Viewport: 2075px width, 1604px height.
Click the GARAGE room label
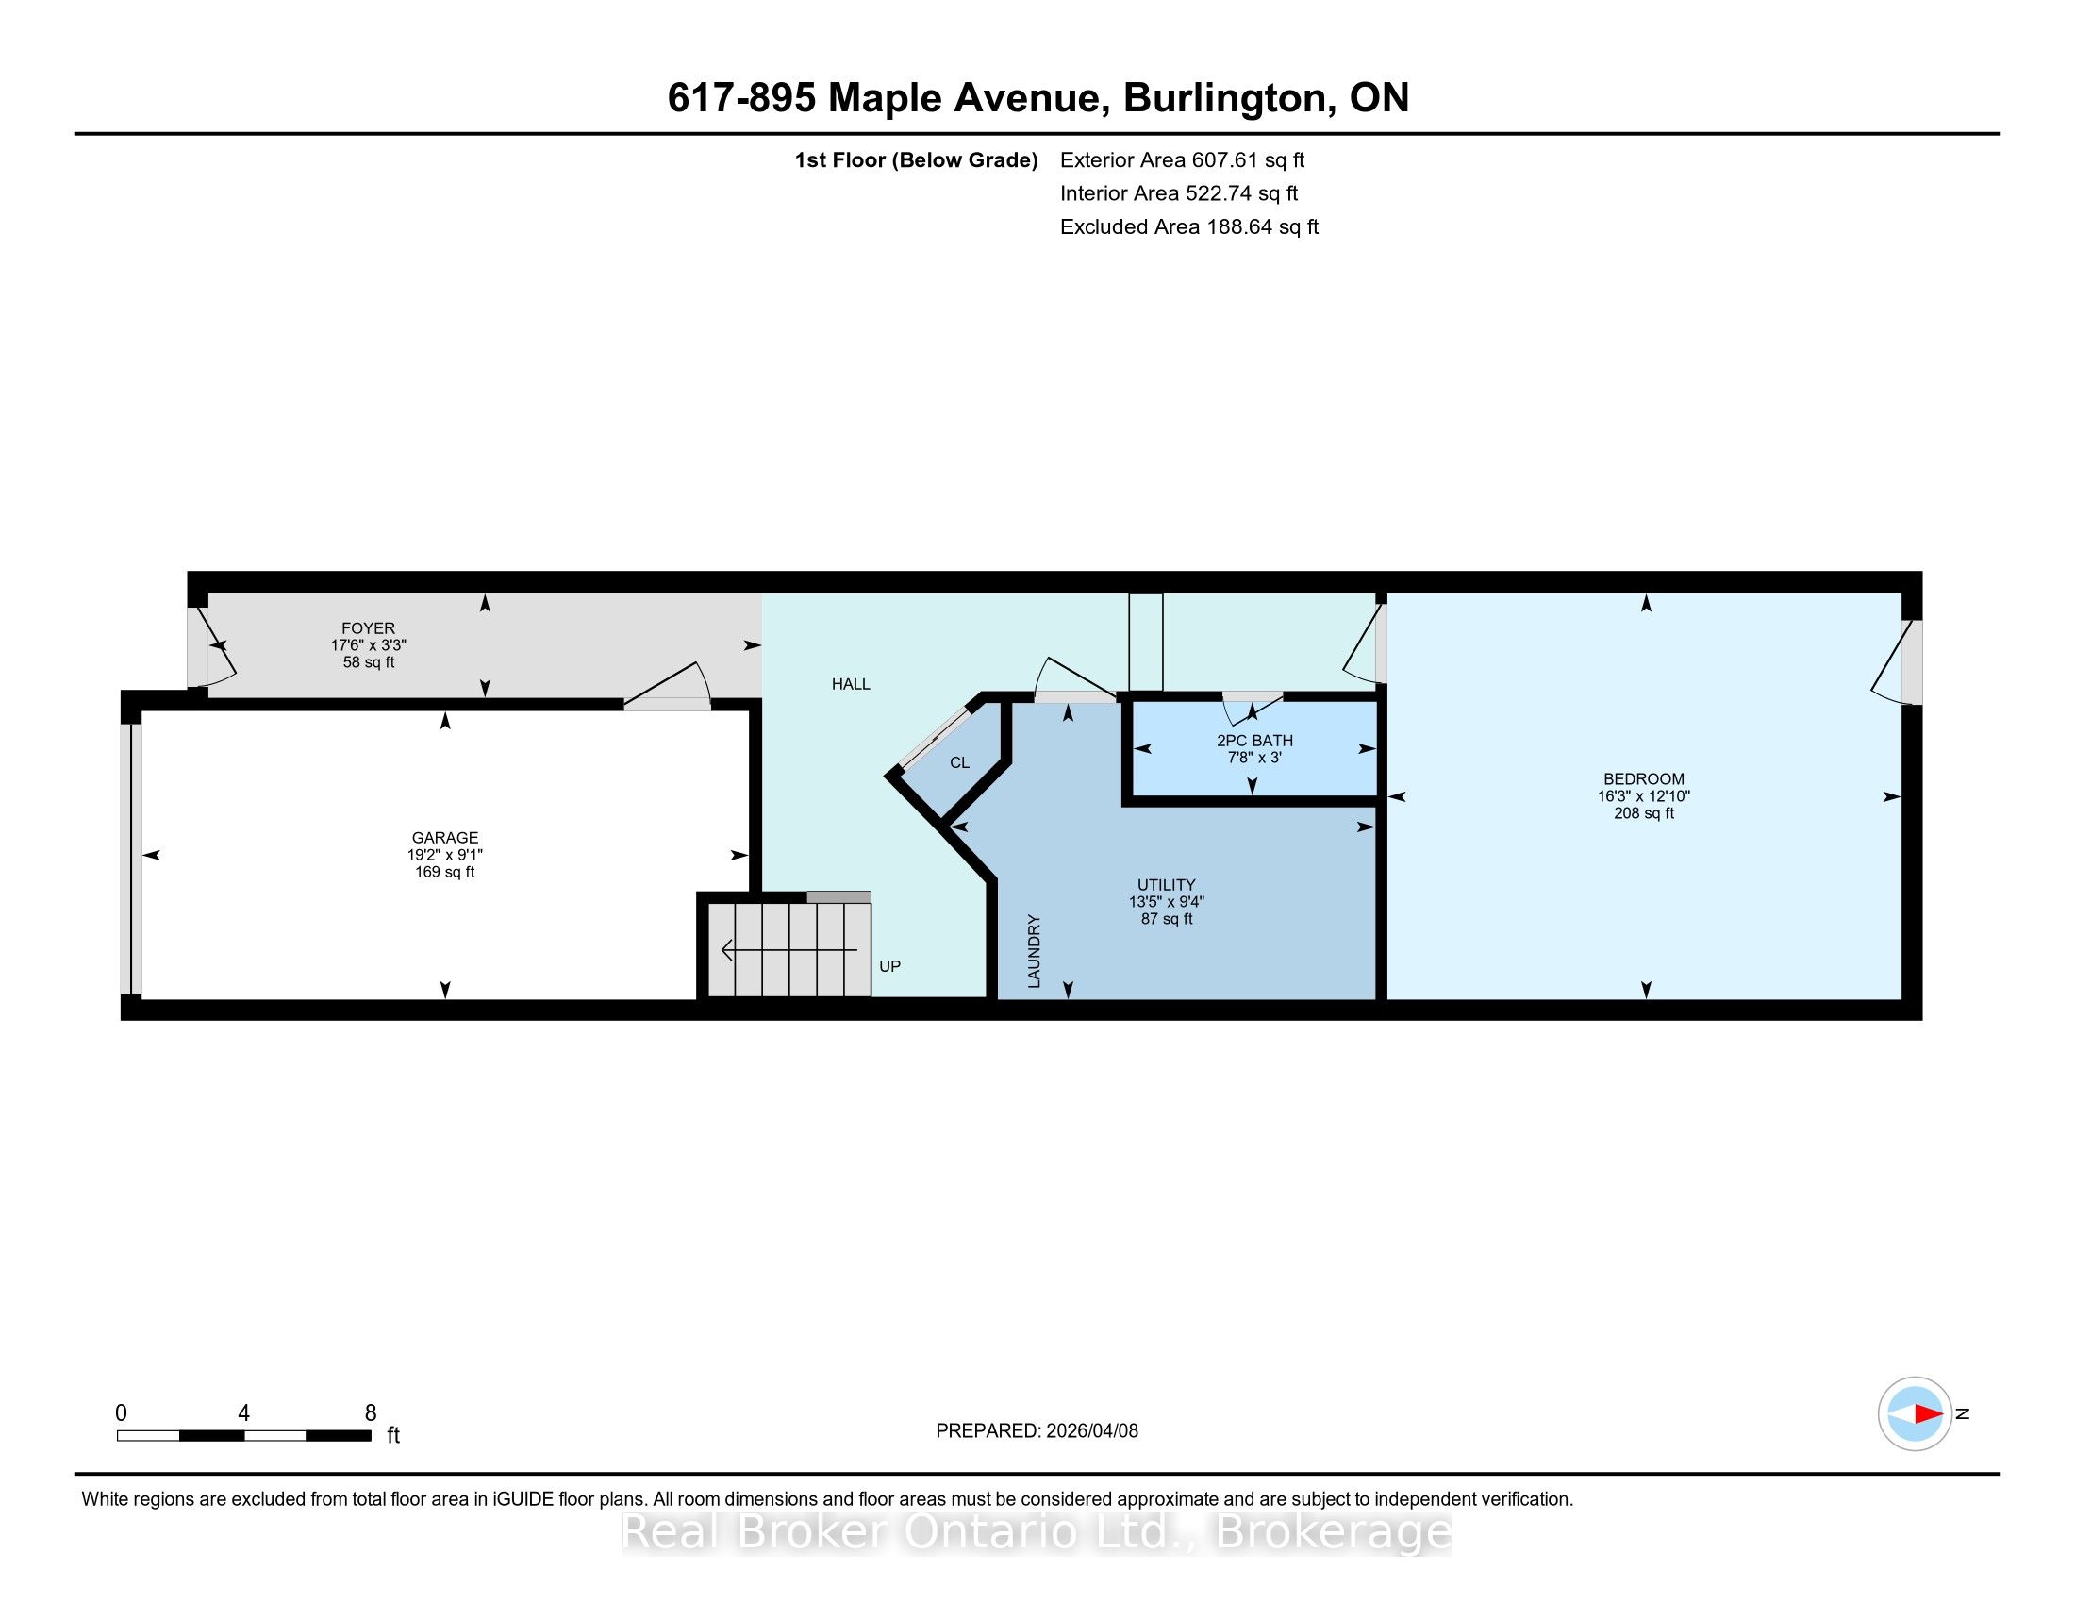point(444,837)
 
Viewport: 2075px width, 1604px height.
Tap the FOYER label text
point(369,628)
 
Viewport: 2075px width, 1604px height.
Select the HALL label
point(851,684)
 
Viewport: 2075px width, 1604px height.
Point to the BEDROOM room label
point(1644,779)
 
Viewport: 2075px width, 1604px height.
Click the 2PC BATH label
point(1254,741)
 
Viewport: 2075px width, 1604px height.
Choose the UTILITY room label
point(1167,885)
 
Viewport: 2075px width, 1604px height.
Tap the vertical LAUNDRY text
point(1035,951)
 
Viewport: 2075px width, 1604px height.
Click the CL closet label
point(959,763)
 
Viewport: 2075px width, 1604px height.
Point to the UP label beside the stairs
point(889,966)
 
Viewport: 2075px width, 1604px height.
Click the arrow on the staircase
point(789,949)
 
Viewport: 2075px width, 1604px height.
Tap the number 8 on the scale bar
point(371,1413)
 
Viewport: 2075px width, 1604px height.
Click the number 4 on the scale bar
point(244,1413)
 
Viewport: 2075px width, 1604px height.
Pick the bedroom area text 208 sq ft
point(1644,813)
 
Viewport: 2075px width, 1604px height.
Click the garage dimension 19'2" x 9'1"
point(444,854)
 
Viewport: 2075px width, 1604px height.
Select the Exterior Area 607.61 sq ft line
point(1182,160)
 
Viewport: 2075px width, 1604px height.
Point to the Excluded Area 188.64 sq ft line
point(1189,227)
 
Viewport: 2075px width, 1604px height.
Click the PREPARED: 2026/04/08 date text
point(1037,1431)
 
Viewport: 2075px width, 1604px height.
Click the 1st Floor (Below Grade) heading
point(916,160)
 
